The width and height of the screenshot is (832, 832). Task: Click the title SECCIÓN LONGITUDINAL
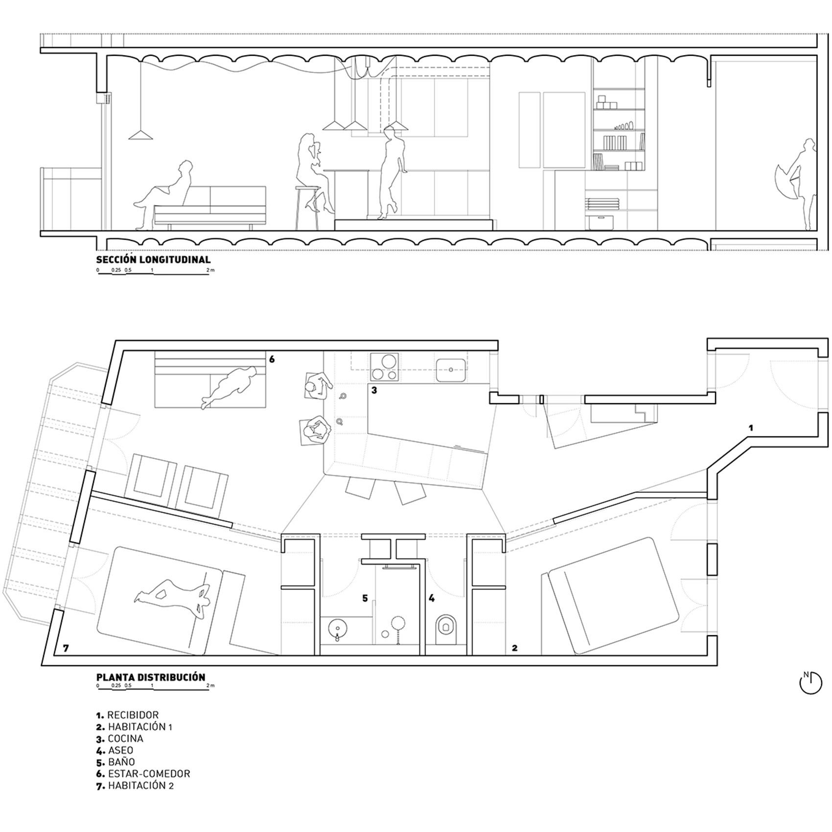[153, 259]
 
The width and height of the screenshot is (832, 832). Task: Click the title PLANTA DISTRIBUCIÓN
[151, 677]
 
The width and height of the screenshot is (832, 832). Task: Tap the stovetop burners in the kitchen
[385, 367]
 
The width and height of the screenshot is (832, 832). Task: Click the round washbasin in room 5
[336, 627]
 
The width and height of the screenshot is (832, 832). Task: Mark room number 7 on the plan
[66, 648]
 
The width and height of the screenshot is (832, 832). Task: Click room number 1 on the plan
[751, 428]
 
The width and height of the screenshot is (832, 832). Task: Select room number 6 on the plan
[272, 359]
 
